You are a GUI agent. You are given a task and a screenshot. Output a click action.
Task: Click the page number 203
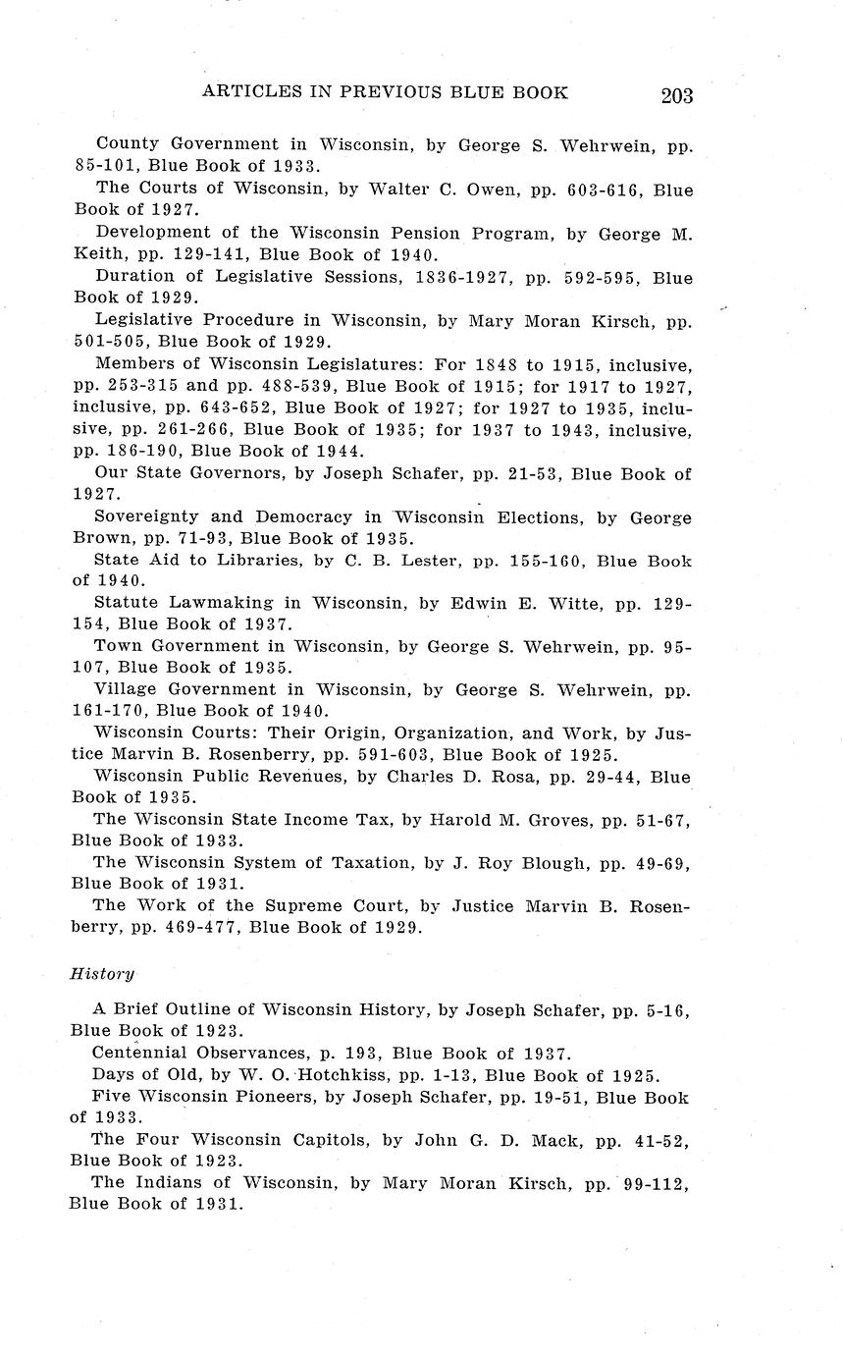(x=676, y=95)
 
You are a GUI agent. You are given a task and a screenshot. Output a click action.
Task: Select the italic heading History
(x=101, y=973)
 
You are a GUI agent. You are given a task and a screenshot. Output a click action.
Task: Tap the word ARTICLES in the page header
(x=251, y=92)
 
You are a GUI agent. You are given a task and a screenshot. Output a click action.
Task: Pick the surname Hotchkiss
(x=339, y=1075)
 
